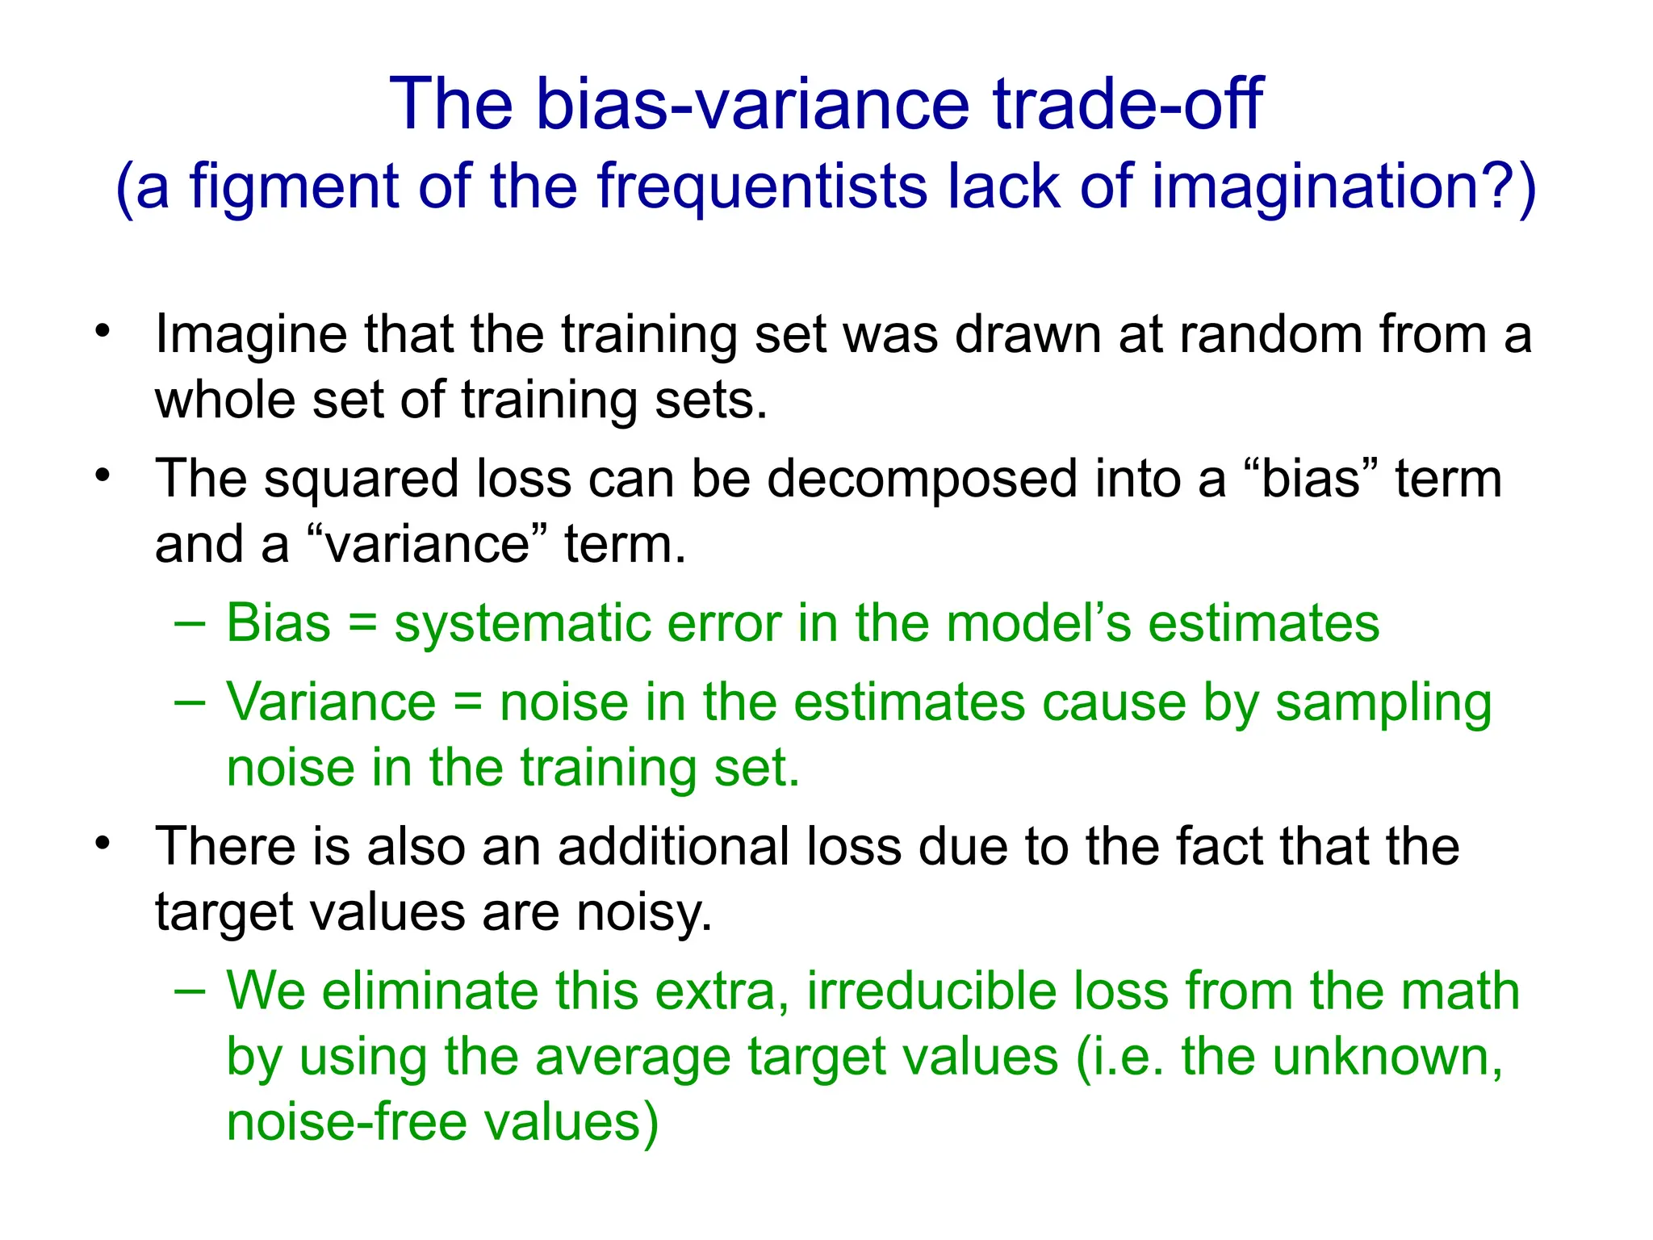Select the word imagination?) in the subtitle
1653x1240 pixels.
click(x=1343, y=187)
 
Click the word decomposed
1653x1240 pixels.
click(x=923, y=479)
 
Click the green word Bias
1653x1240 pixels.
click(x=278, y=623)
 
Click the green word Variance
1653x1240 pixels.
click(x=331, y=702)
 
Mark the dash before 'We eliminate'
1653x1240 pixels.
click(x=190, y=990)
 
